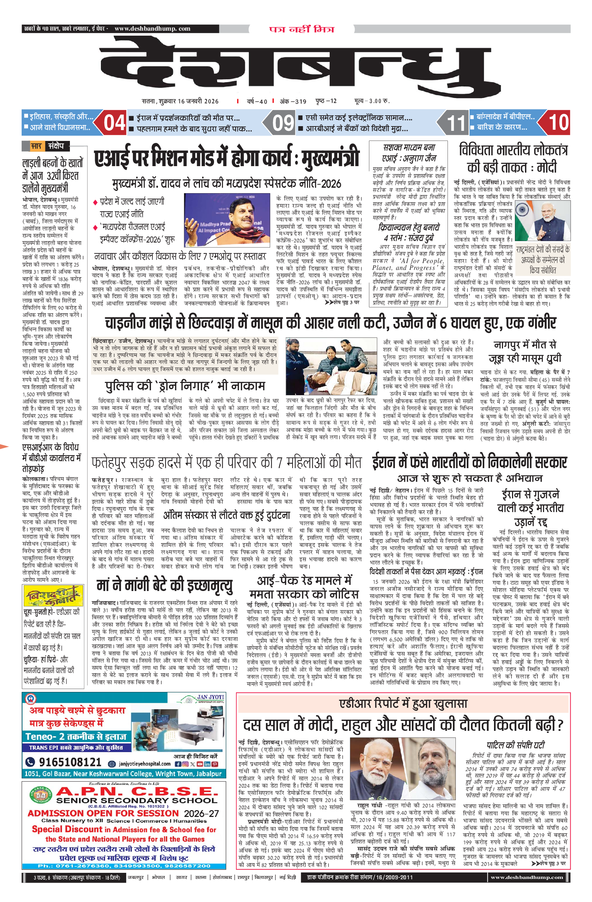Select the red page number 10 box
click(x=557, y=123)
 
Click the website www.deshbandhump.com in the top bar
click(x=152, y=29)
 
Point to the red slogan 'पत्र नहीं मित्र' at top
click(x=302, y=29)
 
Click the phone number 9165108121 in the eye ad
click(x=70, y=762)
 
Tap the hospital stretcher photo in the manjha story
click(x=331, y=366)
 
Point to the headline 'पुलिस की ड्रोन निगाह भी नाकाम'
click(x=184, y=386)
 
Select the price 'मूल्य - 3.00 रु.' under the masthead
click(x=372, y=101)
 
